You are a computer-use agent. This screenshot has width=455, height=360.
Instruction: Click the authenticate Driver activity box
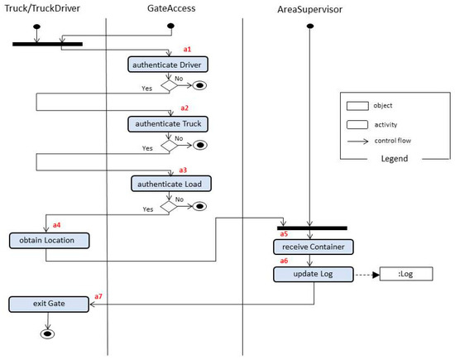point(168,64)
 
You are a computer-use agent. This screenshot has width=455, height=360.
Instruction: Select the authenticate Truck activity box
point(168,124)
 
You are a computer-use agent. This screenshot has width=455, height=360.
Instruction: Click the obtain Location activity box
point(49,241)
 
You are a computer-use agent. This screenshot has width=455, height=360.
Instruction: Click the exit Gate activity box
point(49,304)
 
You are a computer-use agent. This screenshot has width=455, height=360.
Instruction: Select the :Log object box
point(405,274)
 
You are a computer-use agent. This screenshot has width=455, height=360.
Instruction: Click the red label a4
point(57,224)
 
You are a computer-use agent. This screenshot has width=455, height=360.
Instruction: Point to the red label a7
point(98,295)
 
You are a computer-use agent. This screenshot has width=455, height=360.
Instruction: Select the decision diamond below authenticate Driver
point(170,84)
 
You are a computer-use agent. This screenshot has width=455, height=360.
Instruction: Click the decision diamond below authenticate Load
point(170,206)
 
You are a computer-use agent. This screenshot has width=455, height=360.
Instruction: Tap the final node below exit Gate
point(49,334)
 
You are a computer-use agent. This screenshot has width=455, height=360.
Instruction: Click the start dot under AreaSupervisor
point(309,26)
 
